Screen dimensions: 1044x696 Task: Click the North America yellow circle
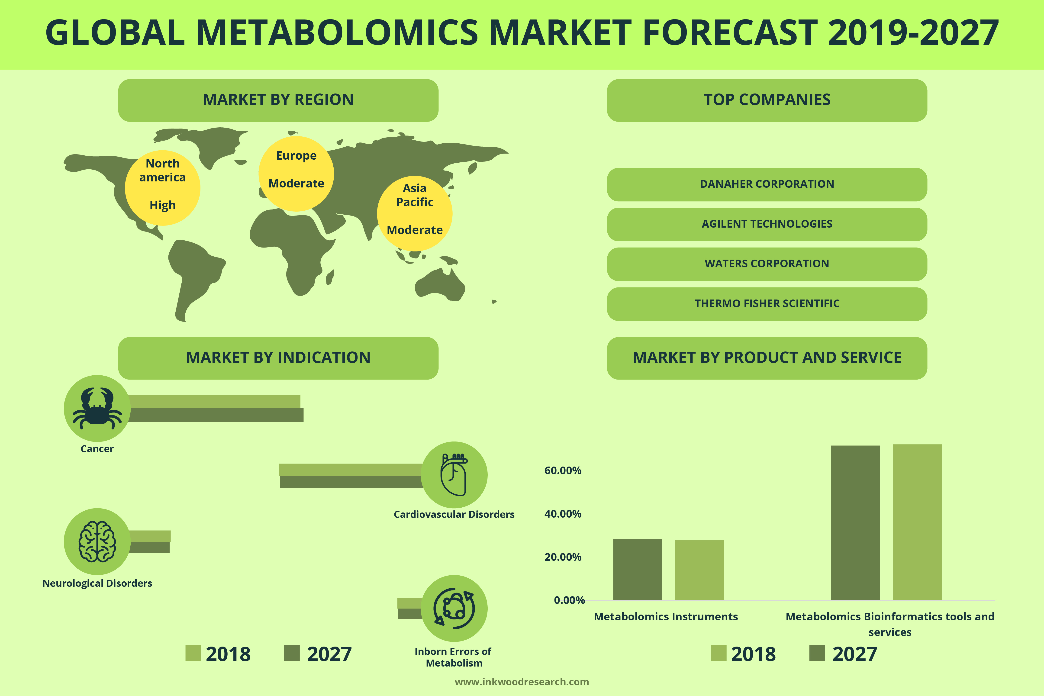[x=162, y=188]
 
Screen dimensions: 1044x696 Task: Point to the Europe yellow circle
[x=296, y=174]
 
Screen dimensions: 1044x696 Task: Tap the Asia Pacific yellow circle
[x=415, y=213]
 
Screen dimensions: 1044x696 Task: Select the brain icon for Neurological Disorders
[x=97, y=541]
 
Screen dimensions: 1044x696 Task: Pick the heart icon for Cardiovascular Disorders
[x=454, y=474]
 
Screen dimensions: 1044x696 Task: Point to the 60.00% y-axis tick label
[x=563, y=470]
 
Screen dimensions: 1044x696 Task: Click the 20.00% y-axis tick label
[x=563, y=557]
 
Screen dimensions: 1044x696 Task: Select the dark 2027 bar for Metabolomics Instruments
[x=637, y=570]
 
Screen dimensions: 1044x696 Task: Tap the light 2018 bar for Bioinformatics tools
[x=917, y=522]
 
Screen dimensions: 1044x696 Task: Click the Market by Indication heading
[x=278, y=358]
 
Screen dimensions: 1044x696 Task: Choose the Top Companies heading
[x=767, y=100]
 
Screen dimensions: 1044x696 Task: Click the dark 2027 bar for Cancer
[x=216, y=415]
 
